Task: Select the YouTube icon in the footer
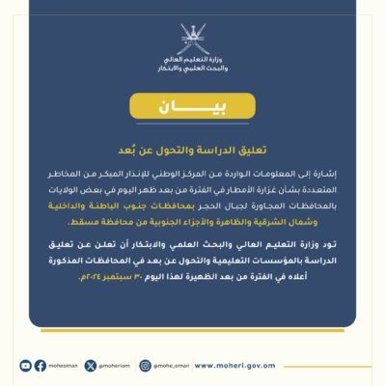tap(26, 366)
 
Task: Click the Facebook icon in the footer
tap(41, 366)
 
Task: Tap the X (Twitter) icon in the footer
tap(91, 366)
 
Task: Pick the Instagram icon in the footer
tap(146, 366)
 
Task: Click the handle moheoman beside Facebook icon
tap(63, 366)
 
